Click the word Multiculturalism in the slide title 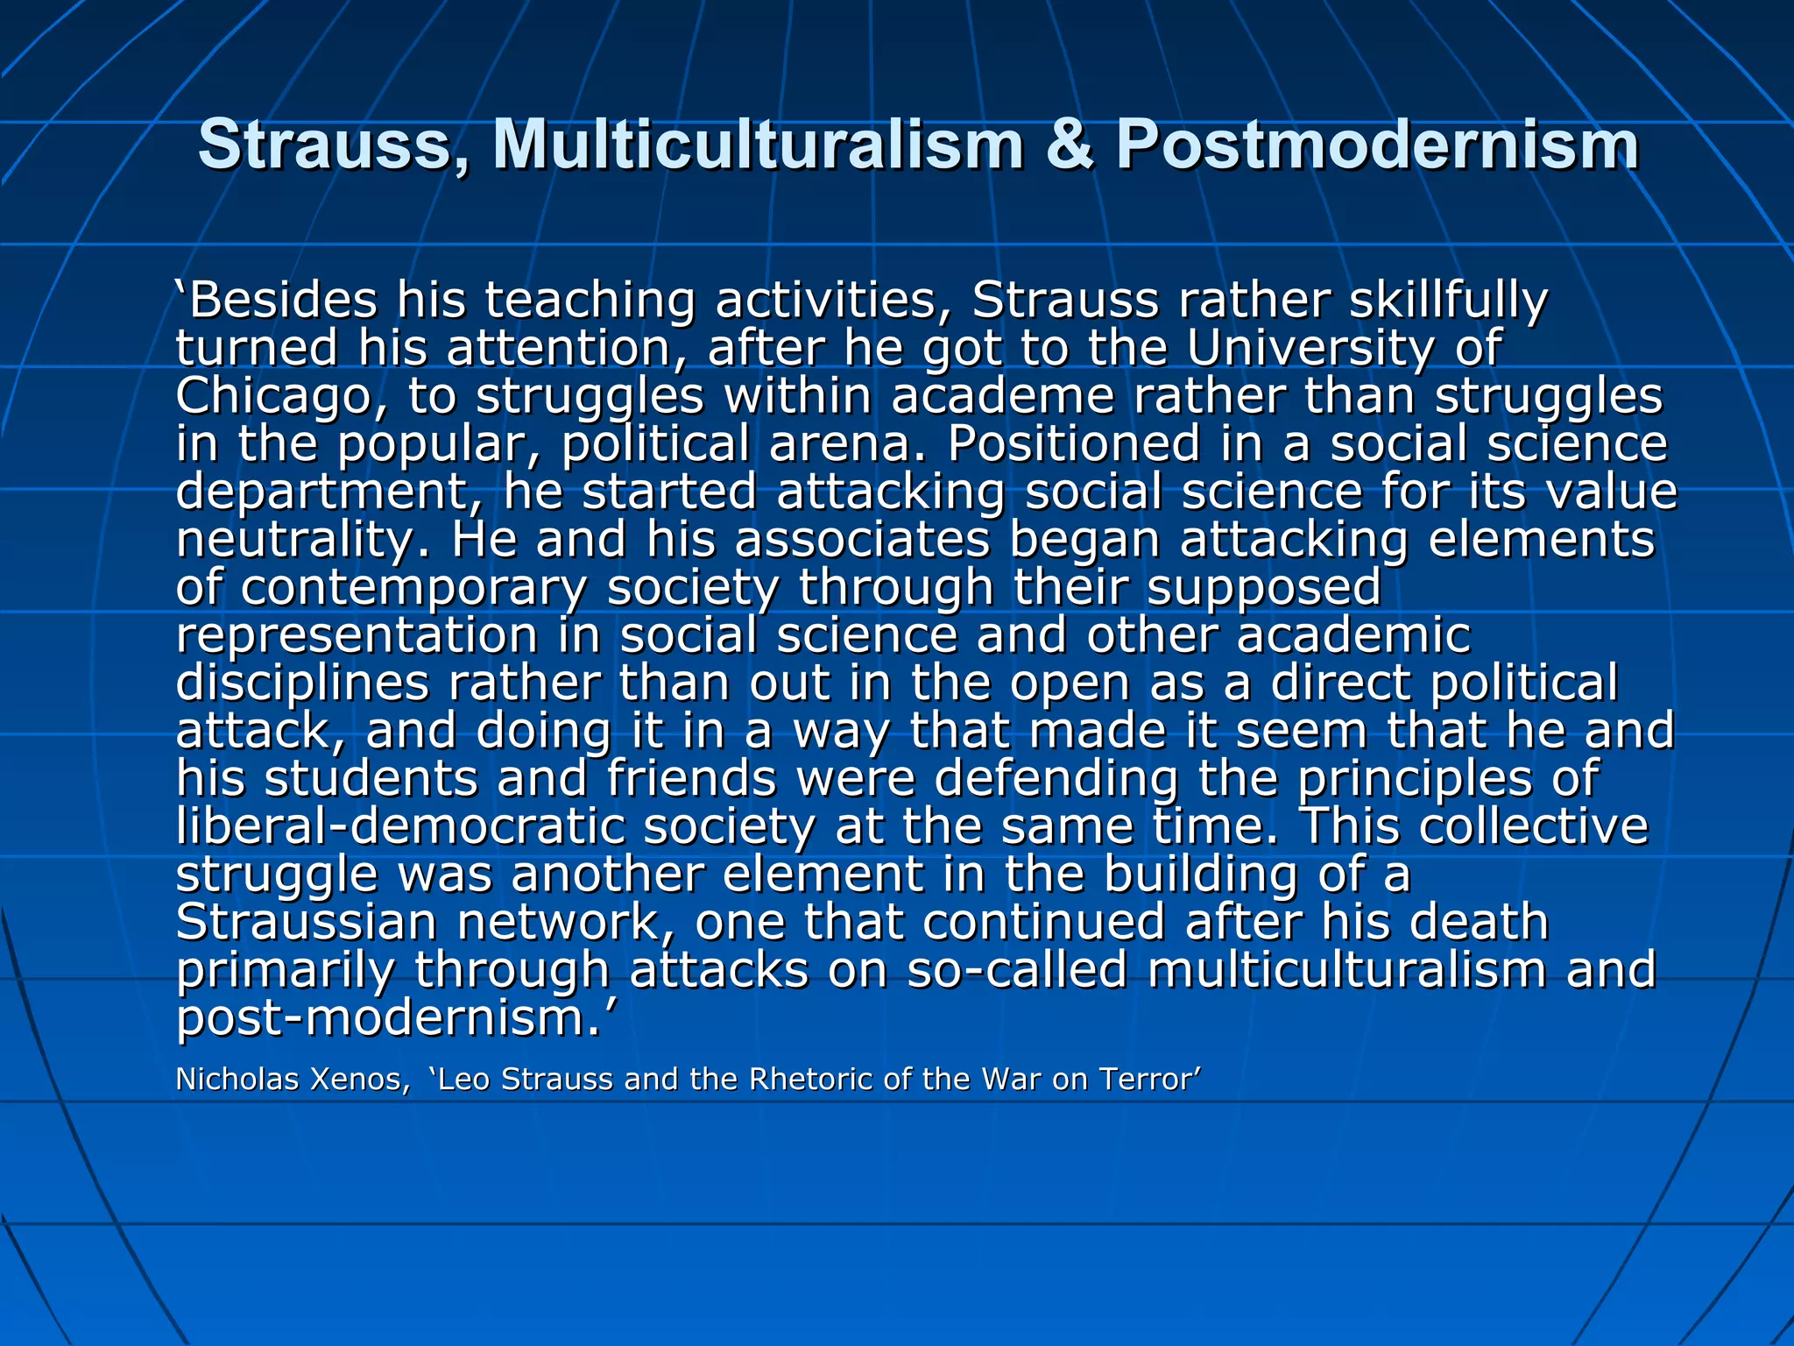759,145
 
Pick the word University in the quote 1310,349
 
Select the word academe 1002,396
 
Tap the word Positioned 1073,443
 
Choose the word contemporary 413,588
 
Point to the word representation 357,635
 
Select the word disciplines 302,684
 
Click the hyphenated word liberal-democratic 399,826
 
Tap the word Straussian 306,922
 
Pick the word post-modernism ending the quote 389,1018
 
